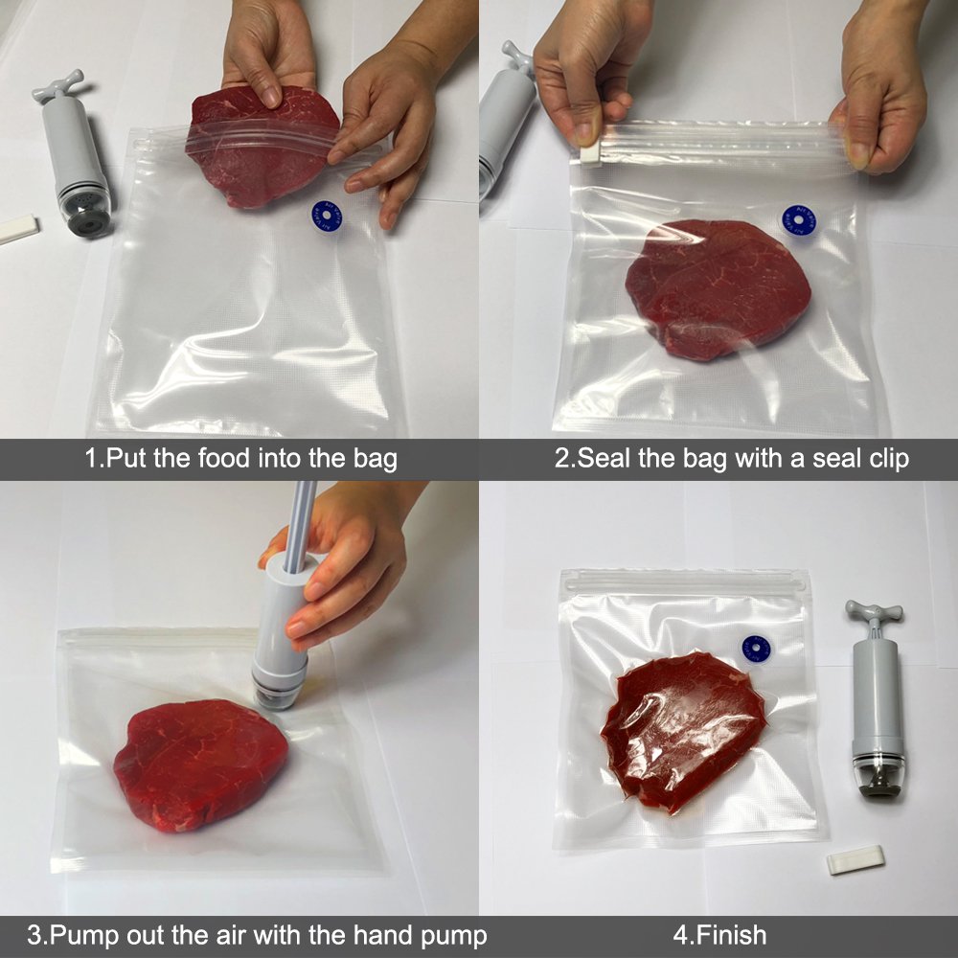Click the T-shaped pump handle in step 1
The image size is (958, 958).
(x=58, y=84)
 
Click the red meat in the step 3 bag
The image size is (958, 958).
(x=200, y=763)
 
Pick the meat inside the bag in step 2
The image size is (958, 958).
(x=718, y=287)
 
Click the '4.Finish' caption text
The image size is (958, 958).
(x=718, y=934)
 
